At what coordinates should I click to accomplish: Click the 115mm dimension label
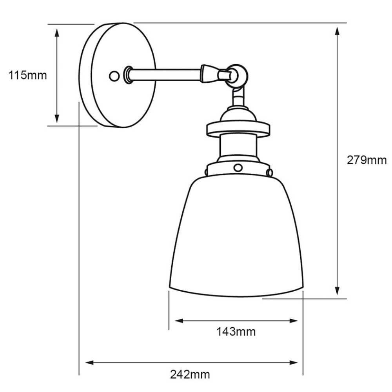tap(27, 75)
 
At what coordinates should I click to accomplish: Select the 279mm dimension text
tap(367, 160)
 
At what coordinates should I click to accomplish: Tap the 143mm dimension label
tap(236, 332)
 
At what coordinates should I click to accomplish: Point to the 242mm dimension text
tap(190, 374)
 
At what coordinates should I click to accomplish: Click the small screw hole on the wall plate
tap(114, 76)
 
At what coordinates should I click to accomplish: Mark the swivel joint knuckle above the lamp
tap(236, 74)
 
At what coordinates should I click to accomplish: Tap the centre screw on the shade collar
tap(238, 168)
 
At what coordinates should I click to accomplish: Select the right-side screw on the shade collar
tap(269, 172)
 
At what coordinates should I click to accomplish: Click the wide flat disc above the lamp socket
tap(238, 129)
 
